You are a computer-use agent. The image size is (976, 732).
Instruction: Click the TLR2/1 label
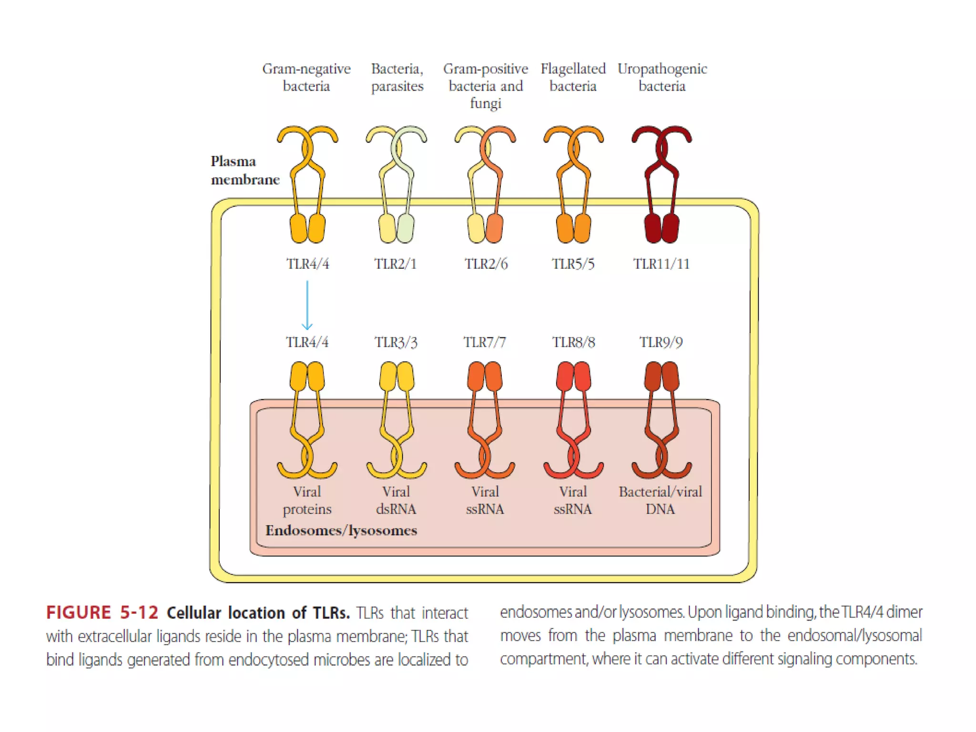pyautogui.click(x=395, y=264)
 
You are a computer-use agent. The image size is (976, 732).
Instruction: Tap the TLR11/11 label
pyautogui.click(x=661, y=264)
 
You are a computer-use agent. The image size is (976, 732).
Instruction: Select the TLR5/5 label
pyautogui.click(x=573, y=264)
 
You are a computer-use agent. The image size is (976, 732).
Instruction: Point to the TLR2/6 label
pyautogui.click(x=486, y=264)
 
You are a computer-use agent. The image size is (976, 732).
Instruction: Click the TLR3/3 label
pyautogui.click(x=396, y=342)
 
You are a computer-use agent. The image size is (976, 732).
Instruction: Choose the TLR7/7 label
pyautogui.click(x=485, y=342)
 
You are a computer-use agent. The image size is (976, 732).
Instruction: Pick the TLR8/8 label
pyautogui.click(x=573, y=342)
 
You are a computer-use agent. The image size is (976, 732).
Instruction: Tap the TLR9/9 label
pyautogui.click(x=661, y=342)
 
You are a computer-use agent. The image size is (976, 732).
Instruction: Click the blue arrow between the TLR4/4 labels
pyautogui.click(x=307, y=305)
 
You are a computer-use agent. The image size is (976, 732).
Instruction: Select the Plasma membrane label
pyautogui.click(x=244, y=170)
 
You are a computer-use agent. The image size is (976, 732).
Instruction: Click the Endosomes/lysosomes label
pyautogui.click(x=341, y=530)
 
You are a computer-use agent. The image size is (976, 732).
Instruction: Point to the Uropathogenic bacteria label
pyautogui.click(x=662, y=77)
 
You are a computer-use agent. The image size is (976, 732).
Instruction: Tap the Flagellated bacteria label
pyautogui.click(x=573, y=77)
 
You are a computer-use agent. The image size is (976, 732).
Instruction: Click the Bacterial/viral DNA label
pyautogui.click(x=661, y=500)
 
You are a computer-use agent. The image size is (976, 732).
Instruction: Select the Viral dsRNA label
pyautogui.click(x=396, y=500)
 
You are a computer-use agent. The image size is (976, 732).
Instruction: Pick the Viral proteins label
pyautogui.click(x=307, y=500)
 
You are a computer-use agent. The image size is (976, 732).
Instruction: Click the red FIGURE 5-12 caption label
pyautogui.click(x=102, y=613)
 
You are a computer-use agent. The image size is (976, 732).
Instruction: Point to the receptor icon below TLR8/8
pyautogui.click(x=573, y=419)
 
